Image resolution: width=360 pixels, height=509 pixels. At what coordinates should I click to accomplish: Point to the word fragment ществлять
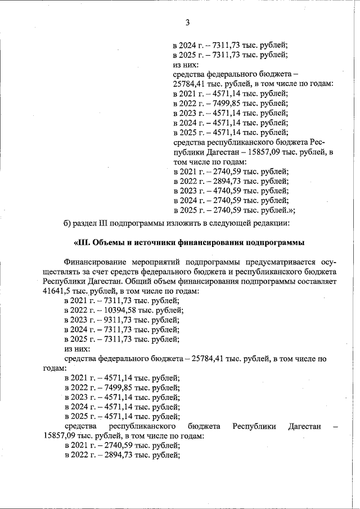pyautogui.click(x=62, y=272)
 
